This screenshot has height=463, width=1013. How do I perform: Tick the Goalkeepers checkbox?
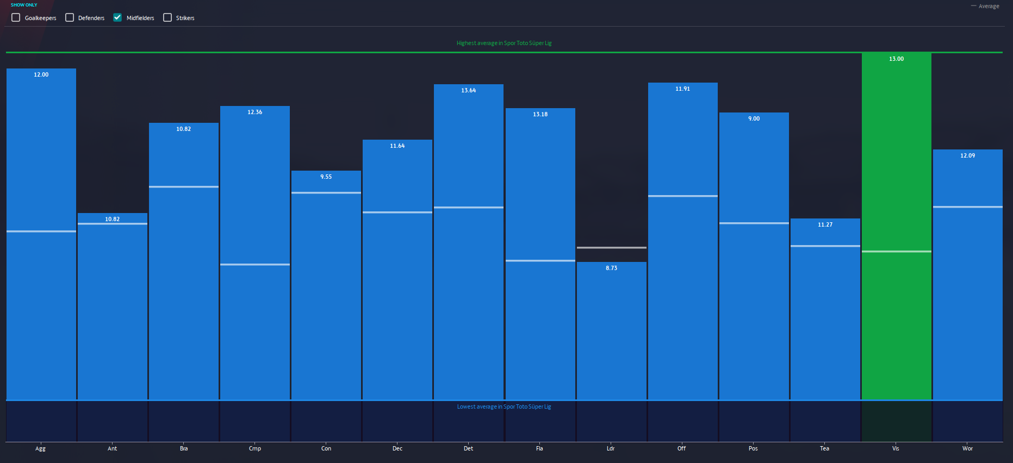pos(16,17)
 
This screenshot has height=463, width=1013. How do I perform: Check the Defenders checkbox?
pos(70,17)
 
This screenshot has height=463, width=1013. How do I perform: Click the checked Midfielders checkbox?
pos(117,17)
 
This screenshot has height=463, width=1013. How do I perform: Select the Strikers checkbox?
pos(167,17)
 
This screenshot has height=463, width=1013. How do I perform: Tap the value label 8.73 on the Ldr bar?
pos(611,268)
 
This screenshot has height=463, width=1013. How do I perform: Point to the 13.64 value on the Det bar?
pos(468,90)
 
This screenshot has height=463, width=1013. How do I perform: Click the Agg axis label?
pos(41,448)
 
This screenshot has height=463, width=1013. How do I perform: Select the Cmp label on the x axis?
pos(254,448)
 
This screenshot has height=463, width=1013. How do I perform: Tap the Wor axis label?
pos(967,448)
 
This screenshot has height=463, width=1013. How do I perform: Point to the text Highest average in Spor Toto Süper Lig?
pos(504,43)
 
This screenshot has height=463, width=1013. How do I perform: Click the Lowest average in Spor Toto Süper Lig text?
pos(504,406)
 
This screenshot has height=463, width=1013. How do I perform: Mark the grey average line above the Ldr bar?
pos(611,248)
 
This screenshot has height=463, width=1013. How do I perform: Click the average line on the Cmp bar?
pos(254,265)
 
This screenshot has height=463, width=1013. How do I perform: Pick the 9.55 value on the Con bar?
pos(326,177)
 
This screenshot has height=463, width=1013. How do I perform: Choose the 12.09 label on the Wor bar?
pos(967,155)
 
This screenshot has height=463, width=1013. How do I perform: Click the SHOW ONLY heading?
pos(24,5)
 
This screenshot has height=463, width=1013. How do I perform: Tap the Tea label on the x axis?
pos(824,448)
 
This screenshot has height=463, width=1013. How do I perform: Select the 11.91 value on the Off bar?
pos(682,89)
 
